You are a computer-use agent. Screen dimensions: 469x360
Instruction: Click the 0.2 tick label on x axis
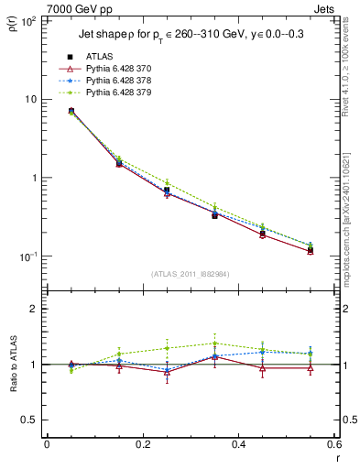point(142,444)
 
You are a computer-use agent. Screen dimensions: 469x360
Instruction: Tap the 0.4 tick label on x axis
point(238,444)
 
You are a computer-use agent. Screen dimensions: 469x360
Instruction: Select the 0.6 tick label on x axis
point(333,444)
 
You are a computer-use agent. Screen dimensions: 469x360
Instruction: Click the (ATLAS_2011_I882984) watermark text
point(190,274)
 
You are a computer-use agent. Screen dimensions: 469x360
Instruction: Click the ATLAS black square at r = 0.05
point(71,111)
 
